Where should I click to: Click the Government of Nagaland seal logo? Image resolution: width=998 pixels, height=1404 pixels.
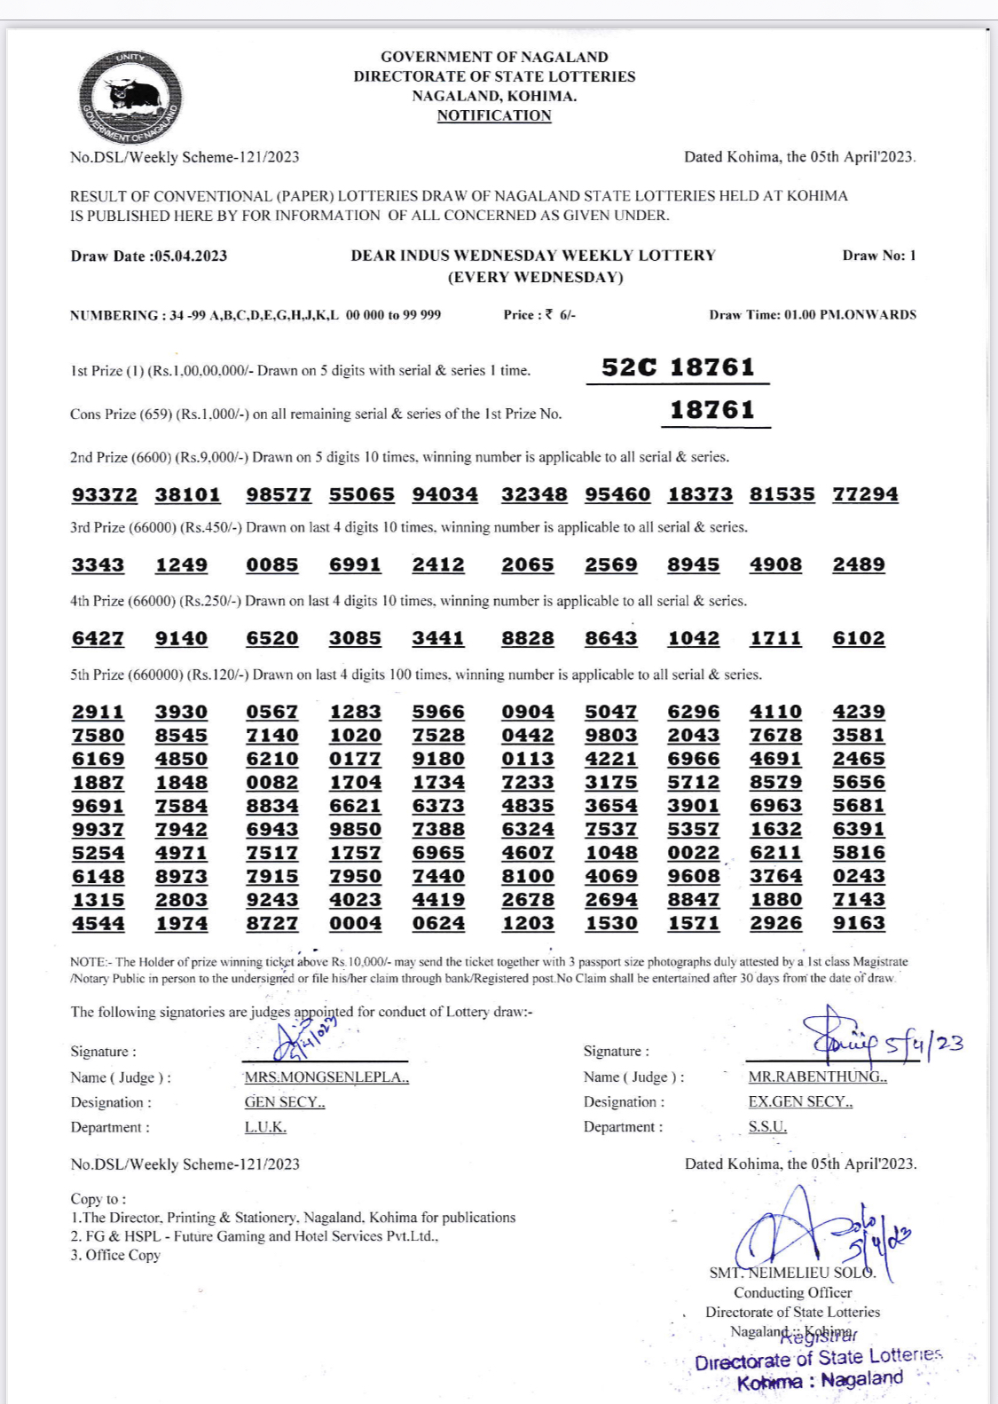[130, 98]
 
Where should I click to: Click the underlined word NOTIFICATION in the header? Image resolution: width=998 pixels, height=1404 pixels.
[494, 115]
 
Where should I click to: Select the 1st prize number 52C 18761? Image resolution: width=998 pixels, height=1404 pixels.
[678, 367]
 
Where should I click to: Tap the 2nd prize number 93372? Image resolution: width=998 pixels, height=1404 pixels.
[105, 494]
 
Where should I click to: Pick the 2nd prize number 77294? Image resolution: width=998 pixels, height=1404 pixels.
[865, 494]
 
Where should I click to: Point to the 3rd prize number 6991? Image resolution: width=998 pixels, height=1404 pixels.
[355, 565]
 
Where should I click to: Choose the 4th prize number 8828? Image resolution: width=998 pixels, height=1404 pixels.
[528, 639]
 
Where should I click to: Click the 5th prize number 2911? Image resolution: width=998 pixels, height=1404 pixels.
[98, 713]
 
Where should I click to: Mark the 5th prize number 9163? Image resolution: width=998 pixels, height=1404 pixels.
[859, 923]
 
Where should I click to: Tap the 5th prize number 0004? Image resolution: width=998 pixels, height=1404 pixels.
[356, 923]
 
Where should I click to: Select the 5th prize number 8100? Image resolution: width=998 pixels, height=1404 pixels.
[528, 876]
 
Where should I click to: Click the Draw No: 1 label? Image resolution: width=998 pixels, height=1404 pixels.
[879, 256]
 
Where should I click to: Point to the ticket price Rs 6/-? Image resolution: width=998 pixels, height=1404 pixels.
[539, 315]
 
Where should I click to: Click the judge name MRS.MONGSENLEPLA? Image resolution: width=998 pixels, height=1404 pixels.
[326, 1077]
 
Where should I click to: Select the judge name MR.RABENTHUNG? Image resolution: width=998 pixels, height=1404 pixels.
[817, 1077]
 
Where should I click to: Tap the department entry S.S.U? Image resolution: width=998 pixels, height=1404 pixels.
[767, 1126]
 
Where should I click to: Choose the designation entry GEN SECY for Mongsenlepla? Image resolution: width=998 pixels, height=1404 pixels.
[285, 1102]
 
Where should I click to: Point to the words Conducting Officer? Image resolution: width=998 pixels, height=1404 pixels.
[792, 1293]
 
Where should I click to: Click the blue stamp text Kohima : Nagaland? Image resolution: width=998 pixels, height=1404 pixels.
[820, 1381]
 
